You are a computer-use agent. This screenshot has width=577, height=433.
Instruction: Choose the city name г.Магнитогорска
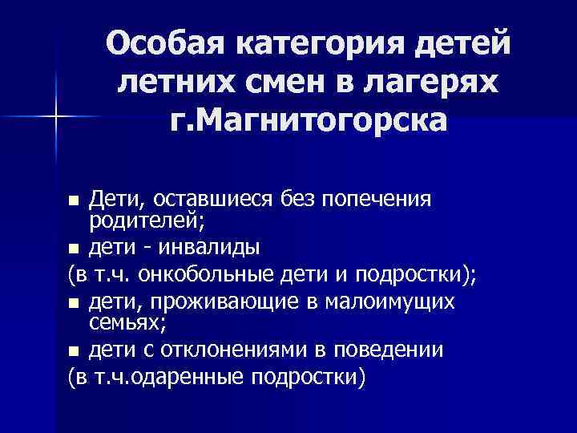click(x=309, y=122)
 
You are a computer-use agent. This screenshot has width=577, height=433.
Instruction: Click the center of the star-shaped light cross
click(x=56, y=117)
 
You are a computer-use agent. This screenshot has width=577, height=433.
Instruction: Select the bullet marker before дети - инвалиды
click(x=74, y=246)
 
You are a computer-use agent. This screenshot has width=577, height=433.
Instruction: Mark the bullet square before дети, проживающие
click(x=74, y=303)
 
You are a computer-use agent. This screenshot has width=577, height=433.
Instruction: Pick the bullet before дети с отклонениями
click(x=74, y=351)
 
